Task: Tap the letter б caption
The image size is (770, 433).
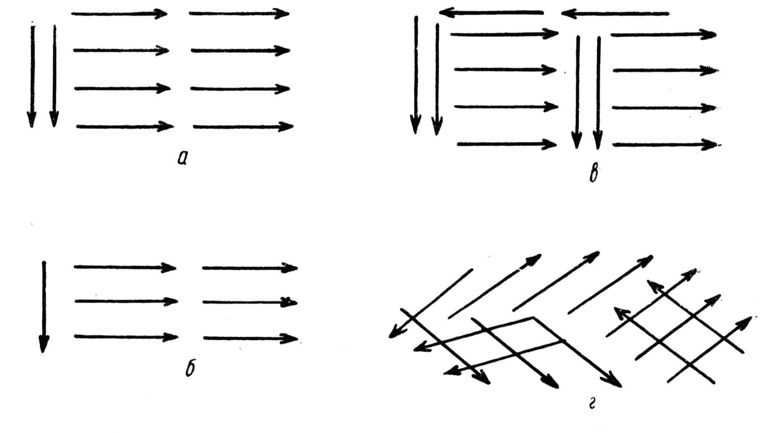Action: pyautogui.click(x=190, y=368)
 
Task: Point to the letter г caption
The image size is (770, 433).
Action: pyautogui.click(x=592, y=404)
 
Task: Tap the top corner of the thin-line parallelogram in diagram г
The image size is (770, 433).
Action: pyautogui.click(x=533, y=318)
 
